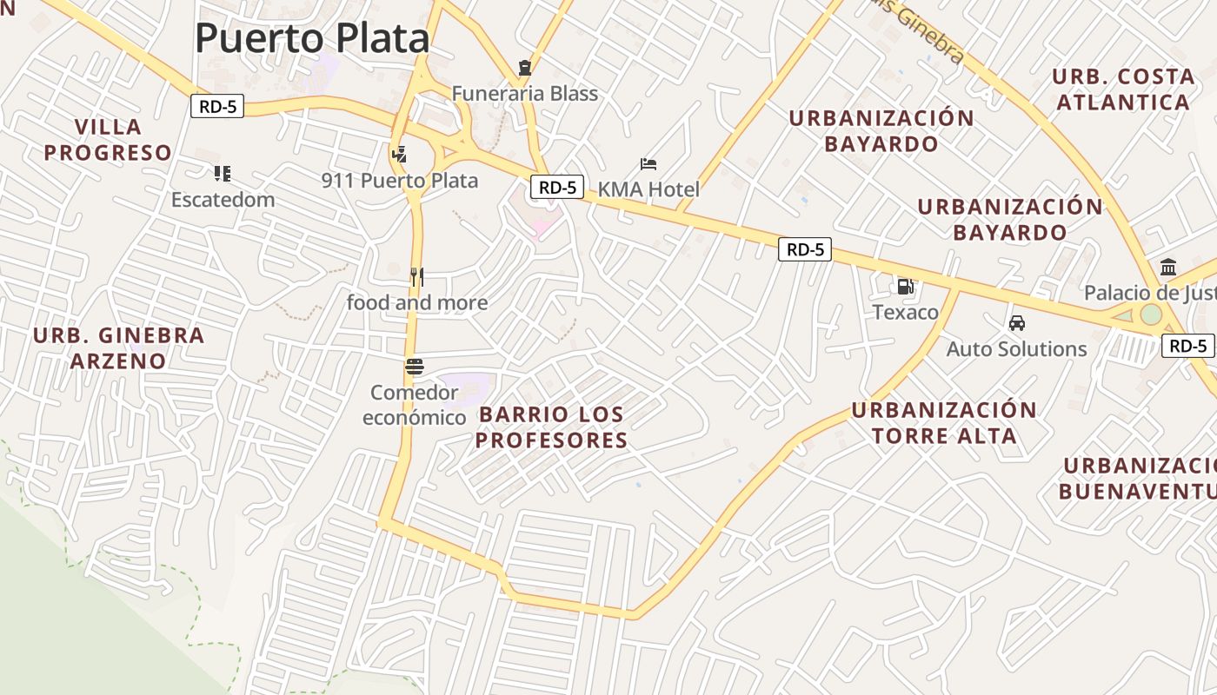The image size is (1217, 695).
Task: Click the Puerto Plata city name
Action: [x=312, y=38]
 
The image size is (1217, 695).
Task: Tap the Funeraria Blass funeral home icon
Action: [x=524, y=67]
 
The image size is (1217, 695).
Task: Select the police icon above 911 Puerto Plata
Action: [x=399, y=155]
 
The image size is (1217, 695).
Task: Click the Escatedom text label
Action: [x=223, y=200]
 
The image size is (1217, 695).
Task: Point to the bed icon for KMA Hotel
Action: [x=648, y=163]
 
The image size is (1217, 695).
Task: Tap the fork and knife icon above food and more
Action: [x=417, y=277]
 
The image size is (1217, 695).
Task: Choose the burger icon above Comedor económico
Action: [x=414, y=367]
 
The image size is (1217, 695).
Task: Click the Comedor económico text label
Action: [x=414, y=405]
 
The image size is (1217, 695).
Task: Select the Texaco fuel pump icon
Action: [x=905, y=286]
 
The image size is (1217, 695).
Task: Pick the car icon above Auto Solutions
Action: [x=1016, y=323]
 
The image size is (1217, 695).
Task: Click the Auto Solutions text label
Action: [x=1016, y=349]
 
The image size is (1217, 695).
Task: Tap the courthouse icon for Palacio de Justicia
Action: [x=1168, y=267]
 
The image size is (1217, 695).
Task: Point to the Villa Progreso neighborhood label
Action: [x=108, y=140]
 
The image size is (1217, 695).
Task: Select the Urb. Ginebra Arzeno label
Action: [x=118, y=347]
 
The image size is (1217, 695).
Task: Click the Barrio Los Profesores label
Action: [x=551, y=427]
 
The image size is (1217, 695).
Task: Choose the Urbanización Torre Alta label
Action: [x=944, y=423]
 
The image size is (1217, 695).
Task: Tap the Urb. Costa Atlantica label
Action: [x=1122, y=89]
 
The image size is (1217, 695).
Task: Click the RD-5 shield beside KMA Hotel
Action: [x=556, y=187]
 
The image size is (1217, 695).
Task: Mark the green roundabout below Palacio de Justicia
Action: [x=1151, y=314]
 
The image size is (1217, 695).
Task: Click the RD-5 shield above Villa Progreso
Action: [x=217, y=107]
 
